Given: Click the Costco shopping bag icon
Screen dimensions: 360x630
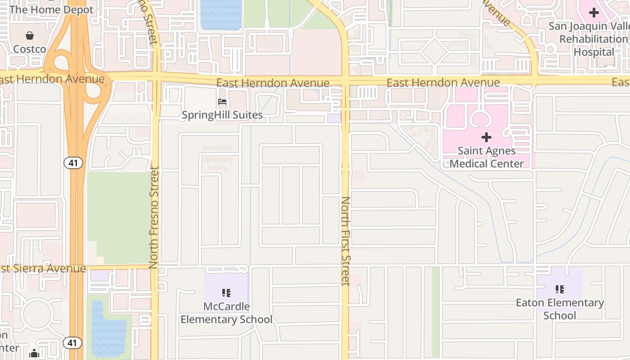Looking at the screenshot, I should [x=30, y=36].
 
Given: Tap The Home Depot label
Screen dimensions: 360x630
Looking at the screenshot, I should [x=51, y=9].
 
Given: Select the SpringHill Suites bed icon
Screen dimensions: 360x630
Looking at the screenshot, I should [x=222, y=102].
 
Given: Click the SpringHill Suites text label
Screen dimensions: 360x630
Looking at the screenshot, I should [x=222, y=115].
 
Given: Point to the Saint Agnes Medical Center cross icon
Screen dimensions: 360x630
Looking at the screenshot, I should [x=486, y=137].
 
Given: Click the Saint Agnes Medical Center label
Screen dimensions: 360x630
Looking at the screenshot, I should [x=486, y=157].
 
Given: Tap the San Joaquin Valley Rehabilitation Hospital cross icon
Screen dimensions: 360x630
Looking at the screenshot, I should [x=594, y=13].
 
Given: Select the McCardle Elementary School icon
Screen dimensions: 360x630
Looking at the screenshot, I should [x=226, y=293].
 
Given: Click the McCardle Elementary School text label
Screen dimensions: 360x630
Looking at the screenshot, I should [x=226, y=313].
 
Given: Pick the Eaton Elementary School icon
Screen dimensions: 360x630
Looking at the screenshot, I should [x=560, y=289].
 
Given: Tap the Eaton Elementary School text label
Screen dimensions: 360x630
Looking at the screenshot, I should [x=560, y=309].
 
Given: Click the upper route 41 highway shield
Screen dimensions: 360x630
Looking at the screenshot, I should [x=73, y=162].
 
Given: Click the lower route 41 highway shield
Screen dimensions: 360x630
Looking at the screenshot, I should [x=72, y=343].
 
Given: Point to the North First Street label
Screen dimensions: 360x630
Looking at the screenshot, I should [x=346, y=241].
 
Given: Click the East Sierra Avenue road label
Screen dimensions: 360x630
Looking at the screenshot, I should [x=43, y=269].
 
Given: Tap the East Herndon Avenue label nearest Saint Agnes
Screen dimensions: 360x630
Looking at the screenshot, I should [x=443, y=83].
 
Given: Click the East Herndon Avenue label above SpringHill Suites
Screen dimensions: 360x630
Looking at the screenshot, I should [x=273, y=83].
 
